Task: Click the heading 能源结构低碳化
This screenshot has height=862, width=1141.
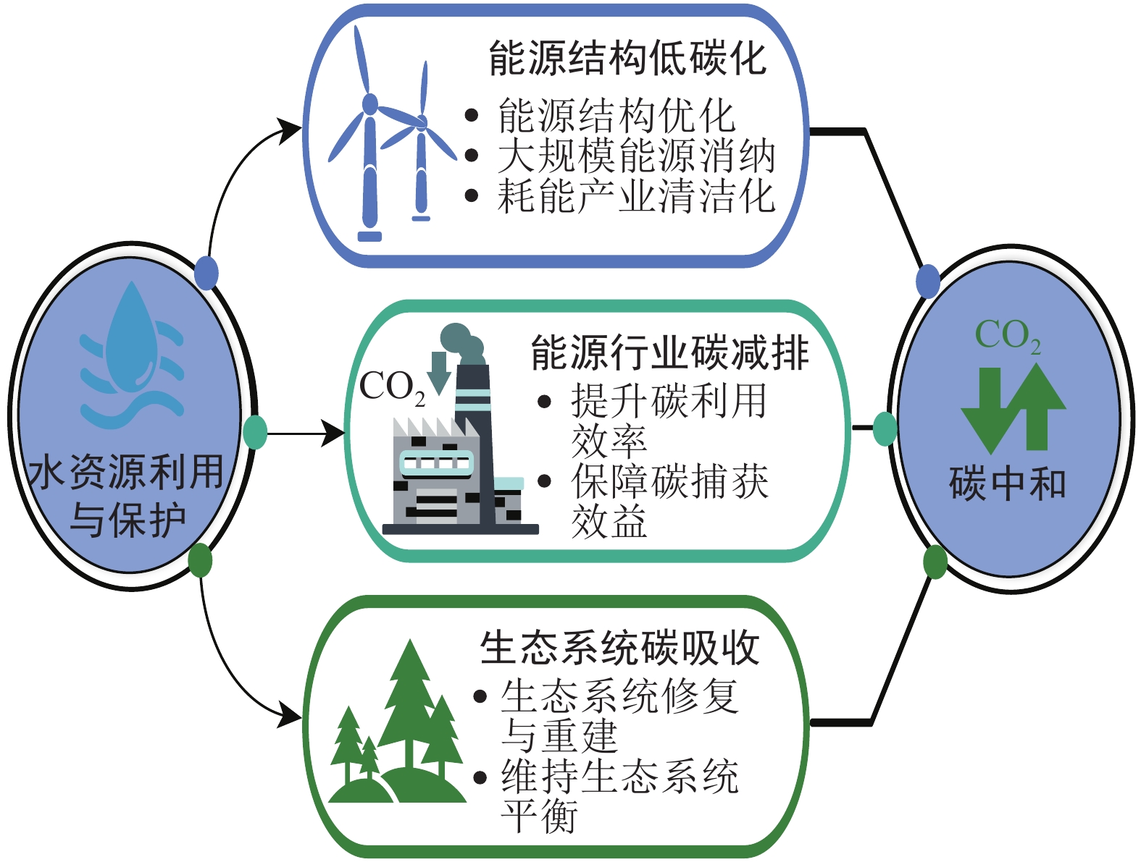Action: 627,58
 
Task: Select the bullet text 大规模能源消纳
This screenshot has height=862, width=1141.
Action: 636,156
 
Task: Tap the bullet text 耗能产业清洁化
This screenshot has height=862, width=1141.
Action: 636,196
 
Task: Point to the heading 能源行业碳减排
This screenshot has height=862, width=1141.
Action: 669,353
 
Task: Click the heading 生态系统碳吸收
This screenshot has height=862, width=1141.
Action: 619,648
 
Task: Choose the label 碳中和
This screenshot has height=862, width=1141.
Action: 1007,483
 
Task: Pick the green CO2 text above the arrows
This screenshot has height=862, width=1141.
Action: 1007,336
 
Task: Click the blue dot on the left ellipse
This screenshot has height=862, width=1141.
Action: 206,274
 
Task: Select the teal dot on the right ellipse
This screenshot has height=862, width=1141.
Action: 885,428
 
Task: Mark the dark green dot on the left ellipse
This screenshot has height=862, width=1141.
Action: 200,560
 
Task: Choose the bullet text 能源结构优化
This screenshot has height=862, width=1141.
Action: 616,116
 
